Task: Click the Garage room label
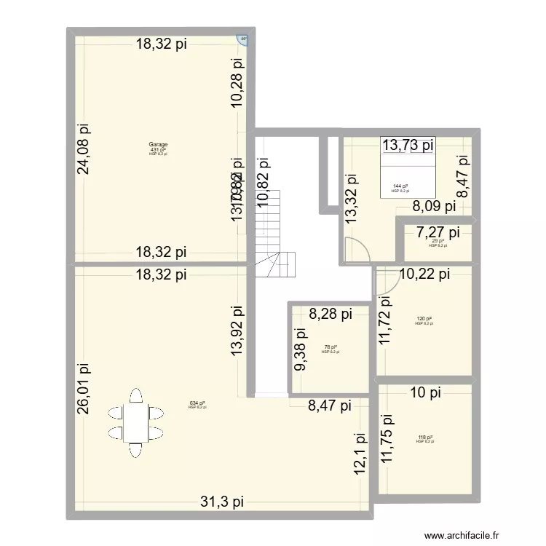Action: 158,144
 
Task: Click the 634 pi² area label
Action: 197,403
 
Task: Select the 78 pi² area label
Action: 330,347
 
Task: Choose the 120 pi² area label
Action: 424,319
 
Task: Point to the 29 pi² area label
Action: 437,241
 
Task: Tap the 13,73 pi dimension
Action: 408,146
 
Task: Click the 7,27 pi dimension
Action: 438,233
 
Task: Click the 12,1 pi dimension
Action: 358,455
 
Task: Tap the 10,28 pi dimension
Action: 238,82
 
